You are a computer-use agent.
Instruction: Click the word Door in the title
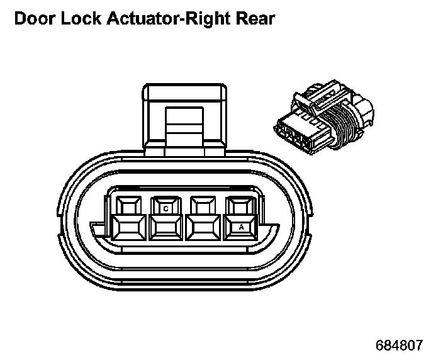(33, 19)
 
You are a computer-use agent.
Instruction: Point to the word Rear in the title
(254, 19)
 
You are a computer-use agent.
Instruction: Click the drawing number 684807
(399, 346)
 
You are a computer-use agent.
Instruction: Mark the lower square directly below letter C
(165, 228)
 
